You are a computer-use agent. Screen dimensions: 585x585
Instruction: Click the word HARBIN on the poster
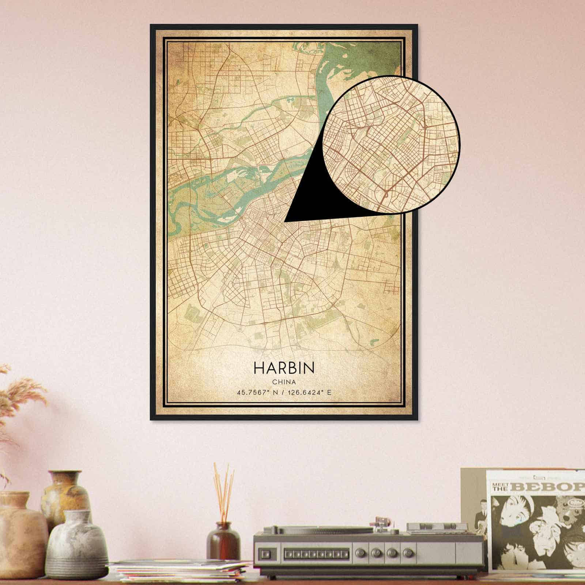click(x=283, y=368)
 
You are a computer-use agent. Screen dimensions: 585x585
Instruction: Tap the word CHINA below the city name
click(x=283, y=382)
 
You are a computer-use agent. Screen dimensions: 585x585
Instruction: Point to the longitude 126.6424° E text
click(x=309, y=393)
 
